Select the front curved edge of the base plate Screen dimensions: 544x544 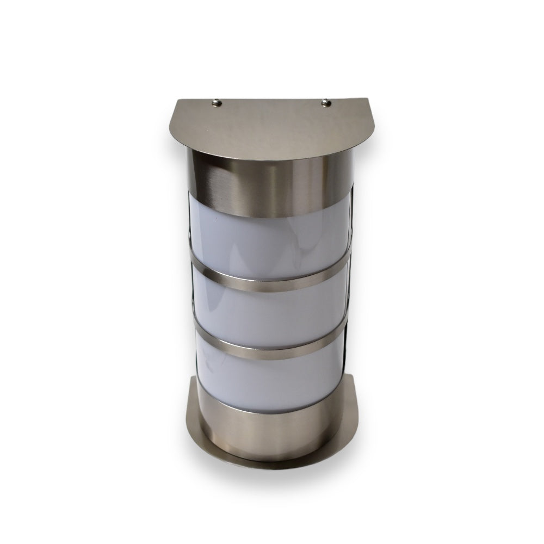[x=272, y=461]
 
